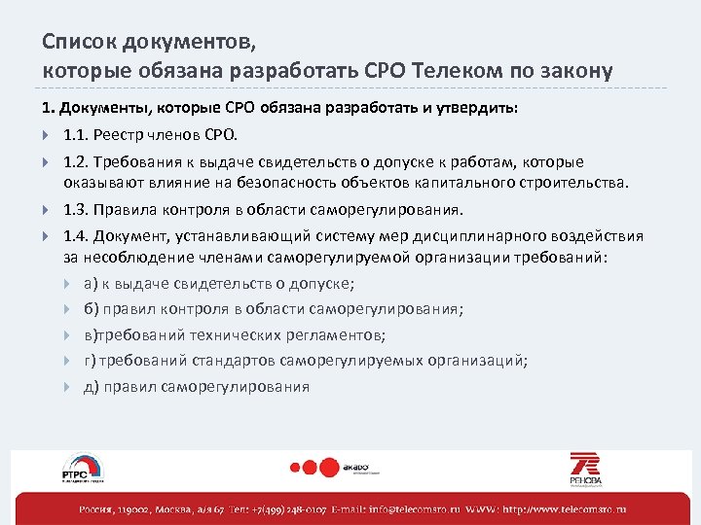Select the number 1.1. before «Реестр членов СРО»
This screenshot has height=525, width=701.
pos(77,134)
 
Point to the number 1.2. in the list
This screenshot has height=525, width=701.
pos(77,161)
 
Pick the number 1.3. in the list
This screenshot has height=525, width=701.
pos(77,209)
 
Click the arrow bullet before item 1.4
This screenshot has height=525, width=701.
pos(47,236)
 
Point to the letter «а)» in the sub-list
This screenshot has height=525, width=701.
pos(91,284)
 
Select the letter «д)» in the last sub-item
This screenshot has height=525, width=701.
pos(91,386)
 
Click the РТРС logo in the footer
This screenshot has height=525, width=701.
pos(82,469)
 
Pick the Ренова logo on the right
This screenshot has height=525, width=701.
pos(585,468)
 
